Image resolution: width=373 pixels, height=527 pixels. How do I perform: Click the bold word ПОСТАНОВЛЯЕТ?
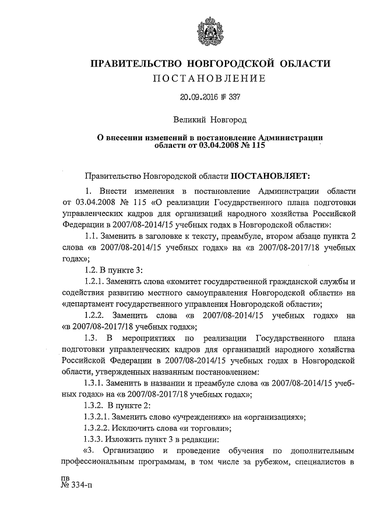[272, 174]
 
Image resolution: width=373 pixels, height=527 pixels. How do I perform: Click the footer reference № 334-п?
[77, 487]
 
